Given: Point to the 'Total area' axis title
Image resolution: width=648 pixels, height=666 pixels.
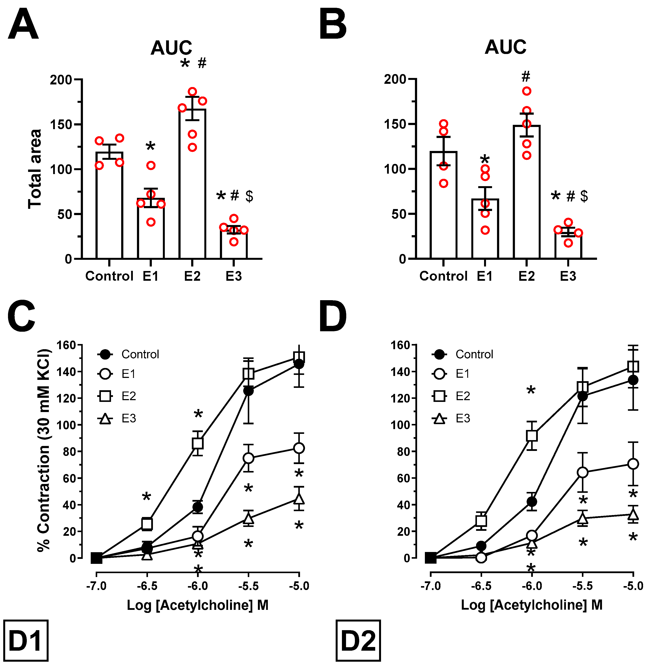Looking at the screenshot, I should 35,169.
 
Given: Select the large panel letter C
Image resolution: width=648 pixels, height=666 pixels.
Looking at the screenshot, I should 21,317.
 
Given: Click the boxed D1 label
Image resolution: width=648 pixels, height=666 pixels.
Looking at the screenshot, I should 25,641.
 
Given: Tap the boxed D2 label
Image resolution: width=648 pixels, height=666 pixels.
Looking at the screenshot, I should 358,641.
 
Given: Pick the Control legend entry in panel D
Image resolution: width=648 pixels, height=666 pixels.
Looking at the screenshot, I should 463,354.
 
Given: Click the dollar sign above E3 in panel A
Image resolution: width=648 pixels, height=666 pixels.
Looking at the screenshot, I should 249,196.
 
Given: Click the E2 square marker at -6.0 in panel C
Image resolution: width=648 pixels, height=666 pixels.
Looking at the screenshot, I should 198,443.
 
